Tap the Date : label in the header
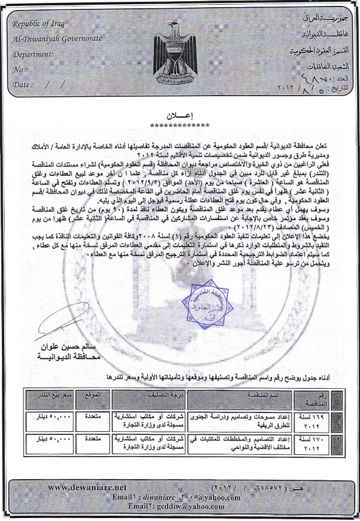pos(23,84)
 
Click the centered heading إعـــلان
pos(180,116)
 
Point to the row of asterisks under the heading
pos(180,125)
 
